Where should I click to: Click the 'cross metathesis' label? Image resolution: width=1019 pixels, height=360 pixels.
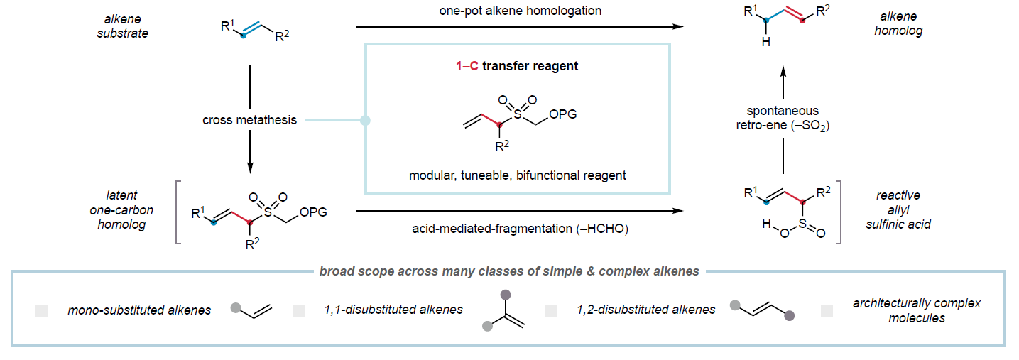click(x=249, y=120)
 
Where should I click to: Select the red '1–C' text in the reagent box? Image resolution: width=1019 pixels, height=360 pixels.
click(x=467, y=66)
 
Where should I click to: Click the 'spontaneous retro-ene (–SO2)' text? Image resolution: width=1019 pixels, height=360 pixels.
click(x=783, y=118)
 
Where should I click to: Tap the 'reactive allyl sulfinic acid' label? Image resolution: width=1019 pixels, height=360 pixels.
click(x=898, y=210)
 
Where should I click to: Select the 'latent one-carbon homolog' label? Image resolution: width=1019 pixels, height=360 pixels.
click(x=121, y=210)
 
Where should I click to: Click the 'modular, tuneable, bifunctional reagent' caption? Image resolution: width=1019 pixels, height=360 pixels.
click(x=517, y=175)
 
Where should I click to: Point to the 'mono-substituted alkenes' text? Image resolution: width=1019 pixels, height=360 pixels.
click(x=139, y=310)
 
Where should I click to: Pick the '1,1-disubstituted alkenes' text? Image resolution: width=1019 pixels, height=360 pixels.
click(x=392, y=310)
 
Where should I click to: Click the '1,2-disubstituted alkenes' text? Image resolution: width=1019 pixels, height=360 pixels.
click(x=645, y=310)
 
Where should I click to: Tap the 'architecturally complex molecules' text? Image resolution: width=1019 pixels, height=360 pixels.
click(x=917, y=310)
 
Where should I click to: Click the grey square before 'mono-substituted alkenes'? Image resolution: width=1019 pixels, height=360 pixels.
click(x=41, y=310)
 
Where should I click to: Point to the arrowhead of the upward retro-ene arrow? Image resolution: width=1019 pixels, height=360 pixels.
click(x=783, y=72)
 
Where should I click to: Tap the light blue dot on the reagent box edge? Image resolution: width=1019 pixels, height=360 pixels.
click(x=365, y=121)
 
